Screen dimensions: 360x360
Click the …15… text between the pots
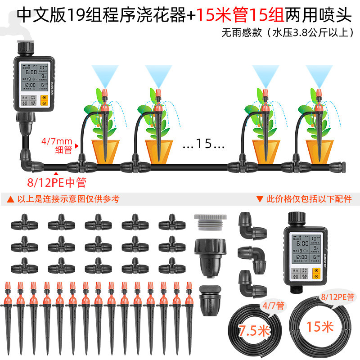204,145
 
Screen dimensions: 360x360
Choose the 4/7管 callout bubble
273,306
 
